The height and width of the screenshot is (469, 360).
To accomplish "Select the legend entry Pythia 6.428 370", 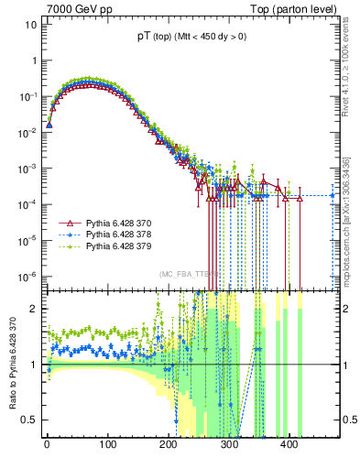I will (x=117, y=223).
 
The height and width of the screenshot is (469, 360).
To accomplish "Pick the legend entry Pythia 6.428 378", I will (x=117, y=234).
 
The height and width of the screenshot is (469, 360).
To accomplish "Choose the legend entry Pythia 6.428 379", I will (x=117, y=246).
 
